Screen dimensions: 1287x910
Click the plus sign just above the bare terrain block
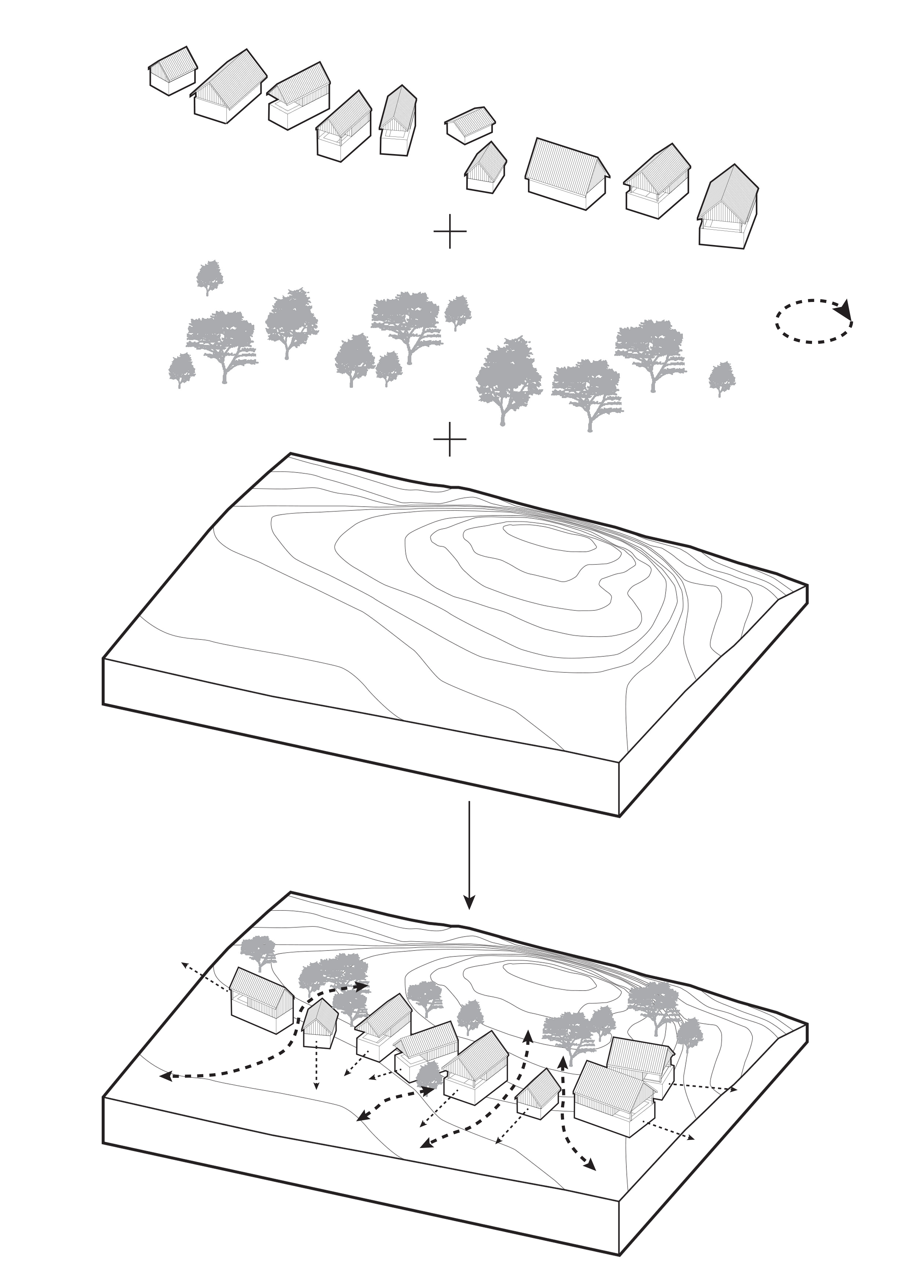tap(449, 439)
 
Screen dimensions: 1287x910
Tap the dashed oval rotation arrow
tap(813, 321)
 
